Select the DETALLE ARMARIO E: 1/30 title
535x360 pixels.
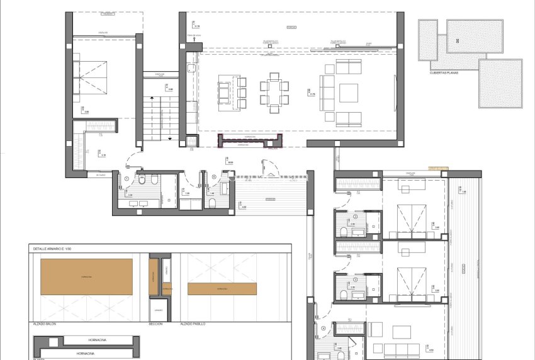point(57,250)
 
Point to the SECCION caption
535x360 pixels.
point(155,323)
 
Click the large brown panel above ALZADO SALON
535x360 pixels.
point(86,276)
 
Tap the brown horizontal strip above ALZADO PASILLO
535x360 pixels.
point(222,289)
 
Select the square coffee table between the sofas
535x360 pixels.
point(348,93)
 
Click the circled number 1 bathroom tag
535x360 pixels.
point(127,179)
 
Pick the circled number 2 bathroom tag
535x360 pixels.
point(355,217)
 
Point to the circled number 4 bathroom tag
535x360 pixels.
point(323,327)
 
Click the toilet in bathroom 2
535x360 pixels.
point(342,232)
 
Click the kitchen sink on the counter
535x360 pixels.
point(191,65)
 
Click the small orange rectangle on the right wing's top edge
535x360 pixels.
point(438,168)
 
